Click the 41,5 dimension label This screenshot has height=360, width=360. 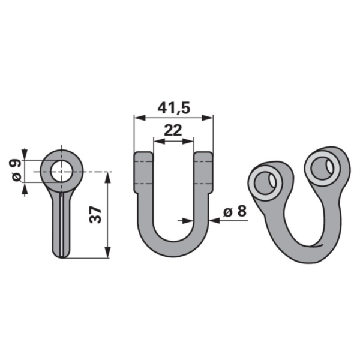pyautogui.click(x=174, y=109)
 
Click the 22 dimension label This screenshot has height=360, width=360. pyautogui.click(x=173, y=130)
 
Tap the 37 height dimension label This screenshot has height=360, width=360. pyautogui.click(x=95, y=215)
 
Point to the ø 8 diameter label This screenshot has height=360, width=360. pyautogui.click(x=235, y=211)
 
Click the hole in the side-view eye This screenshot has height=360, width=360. pyautogui.click(x=61, y=172)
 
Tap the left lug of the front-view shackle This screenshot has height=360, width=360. pyautogui.click(x=143, y=172)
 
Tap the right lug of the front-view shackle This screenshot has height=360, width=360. pyautogui.click(x=203, y=172)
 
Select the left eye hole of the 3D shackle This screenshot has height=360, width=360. pyautogui.click(x=265, y=183)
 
